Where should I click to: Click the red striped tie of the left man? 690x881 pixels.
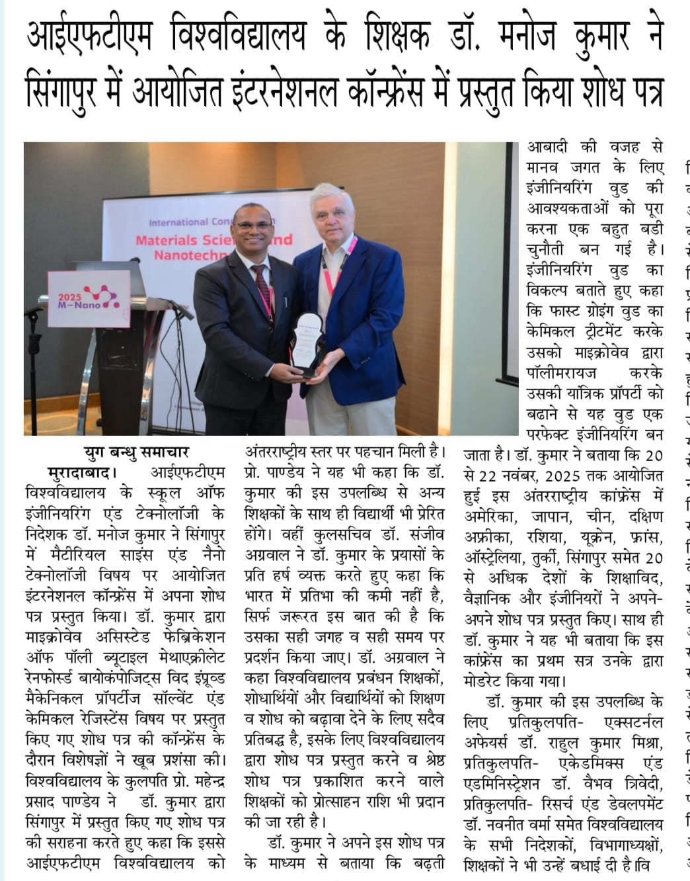tap(263, 292)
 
